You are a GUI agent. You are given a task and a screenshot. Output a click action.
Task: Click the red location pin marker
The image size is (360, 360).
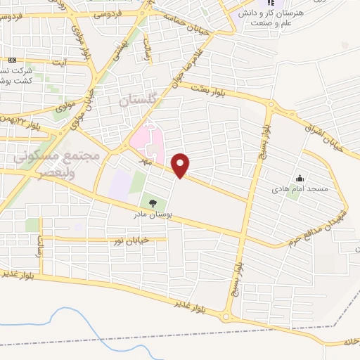[x=181, y=165]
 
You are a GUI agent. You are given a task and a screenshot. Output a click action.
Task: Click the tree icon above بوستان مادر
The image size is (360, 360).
[x=153, y=205]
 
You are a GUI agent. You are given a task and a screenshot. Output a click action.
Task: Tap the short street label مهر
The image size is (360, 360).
[x=149, y=161]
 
